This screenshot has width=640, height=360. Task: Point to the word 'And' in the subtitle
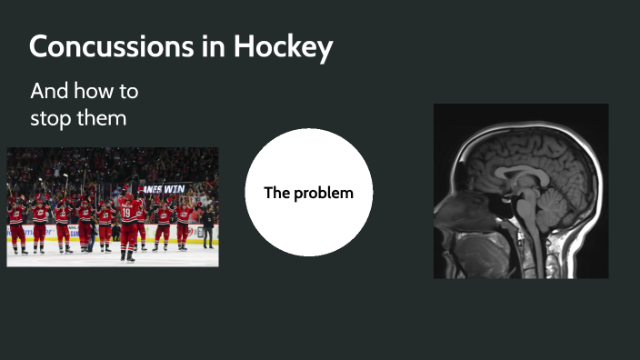tap(47, 92)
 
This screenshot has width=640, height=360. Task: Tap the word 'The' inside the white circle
tap(275, 193)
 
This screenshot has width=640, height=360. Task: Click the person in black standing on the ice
tap(209, 227)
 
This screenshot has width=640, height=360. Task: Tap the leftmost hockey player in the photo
tap(16, 225)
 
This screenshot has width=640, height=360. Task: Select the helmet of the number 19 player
tap(127, 196)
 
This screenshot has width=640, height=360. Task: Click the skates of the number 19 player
tap(128, 256)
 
